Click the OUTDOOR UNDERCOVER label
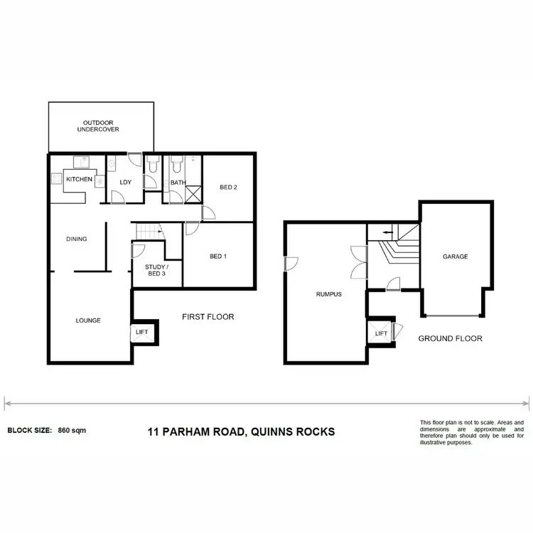pyautogui.click(x=98, y=126)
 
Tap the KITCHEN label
pyautogui.click(x=79, y=180)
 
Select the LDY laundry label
pyautogui.click(x=125, y=182)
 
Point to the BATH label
pyautogui.click(x=177, y=183)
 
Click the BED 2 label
pyautogui.click(x=227, y=188)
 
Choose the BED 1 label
pyautogui.click(x=218, y=256)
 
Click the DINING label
pyautogui.click(x=77, y=239)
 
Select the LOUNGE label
pyautogui.click(x=89, y=321)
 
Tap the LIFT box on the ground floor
pyautogui.click(x=381, y=333)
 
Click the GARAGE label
pyautogui.click(x=455, y=257)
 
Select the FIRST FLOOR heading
pyautogui.click(x=208, y=317)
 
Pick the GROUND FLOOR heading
pyautogui.click(x=451, y=338)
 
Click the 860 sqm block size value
pyautogui.click(x=72, y=431)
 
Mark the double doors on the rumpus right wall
pyautogui.click(x=359, y=262)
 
